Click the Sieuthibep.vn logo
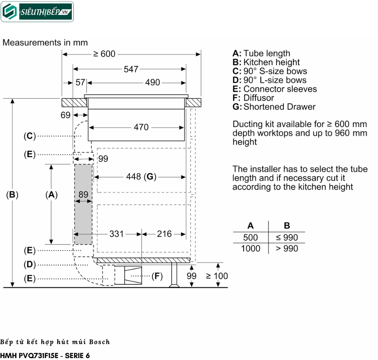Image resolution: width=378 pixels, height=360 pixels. tap(37, 12)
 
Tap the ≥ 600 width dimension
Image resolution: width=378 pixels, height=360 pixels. tap(104, 54)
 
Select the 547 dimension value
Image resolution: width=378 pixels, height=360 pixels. tap(131, 69)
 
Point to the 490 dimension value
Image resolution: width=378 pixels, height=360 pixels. tap(152, 82)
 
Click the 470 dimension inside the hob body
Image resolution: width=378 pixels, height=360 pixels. tap(141, 127)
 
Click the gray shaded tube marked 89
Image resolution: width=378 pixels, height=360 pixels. tap(83, 204)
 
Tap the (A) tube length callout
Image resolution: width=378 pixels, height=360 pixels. tap(51, 195)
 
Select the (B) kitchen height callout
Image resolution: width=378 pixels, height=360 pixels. tap(12, 195)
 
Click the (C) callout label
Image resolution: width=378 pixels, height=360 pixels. tap(29, 136)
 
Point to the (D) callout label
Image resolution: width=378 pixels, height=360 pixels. tap(29, 264)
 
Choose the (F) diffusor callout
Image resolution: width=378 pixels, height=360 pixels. tap(157, 276)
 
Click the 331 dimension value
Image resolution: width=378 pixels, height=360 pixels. tap(116, 234)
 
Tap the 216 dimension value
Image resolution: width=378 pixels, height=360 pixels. tap(164, 234)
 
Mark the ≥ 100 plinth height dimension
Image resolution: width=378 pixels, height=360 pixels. tap(217, 276)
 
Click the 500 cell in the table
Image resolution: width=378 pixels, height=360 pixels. tap(250, 237)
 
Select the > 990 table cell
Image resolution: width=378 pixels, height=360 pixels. tap(287, 248)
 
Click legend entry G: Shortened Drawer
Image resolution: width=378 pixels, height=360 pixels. tap(274, 107)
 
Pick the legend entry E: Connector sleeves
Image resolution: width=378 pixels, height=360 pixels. tap(275, 89)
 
